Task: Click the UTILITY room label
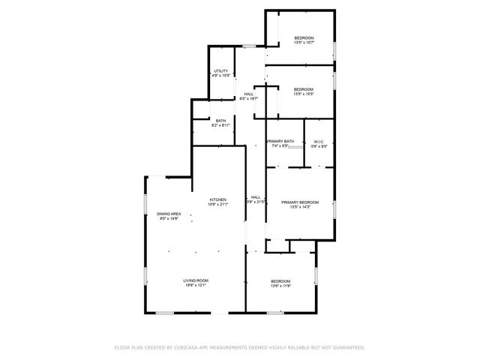click(220, 71)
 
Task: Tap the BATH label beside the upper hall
click(220, 121)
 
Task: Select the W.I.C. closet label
click(318, 142)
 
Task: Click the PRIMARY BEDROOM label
click(300, 202)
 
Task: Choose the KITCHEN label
click(217, 199)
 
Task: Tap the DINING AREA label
click(167, 214)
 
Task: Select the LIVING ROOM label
click(195, 280)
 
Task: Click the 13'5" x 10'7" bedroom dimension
click(304, 43)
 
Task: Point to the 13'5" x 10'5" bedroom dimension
click(304, 94)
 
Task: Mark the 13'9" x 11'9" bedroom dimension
click(280, 286)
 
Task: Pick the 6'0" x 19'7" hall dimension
click(248, 98)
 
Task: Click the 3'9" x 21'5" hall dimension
click(256, 202)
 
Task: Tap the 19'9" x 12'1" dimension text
click(195, 286)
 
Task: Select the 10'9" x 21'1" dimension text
click(217, 204)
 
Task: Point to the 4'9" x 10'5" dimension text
click(220, 76)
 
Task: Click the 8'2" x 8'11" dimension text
click(220, 125)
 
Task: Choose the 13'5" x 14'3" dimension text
click(300, 207)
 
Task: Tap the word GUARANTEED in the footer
click(344, 347)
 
